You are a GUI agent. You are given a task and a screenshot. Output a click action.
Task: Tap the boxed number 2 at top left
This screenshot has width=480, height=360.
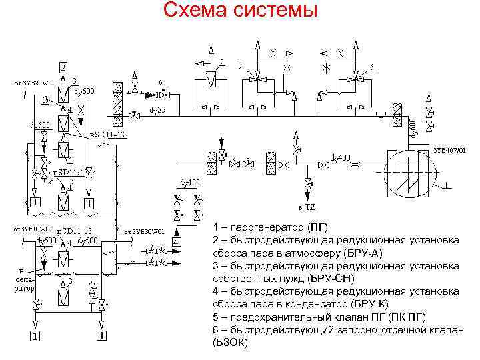63,67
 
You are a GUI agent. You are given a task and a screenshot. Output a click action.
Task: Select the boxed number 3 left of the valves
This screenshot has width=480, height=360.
45,100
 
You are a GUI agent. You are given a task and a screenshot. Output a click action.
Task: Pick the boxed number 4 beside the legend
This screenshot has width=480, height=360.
176,241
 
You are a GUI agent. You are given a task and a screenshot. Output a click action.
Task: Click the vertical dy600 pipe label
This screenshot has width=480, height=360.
413,127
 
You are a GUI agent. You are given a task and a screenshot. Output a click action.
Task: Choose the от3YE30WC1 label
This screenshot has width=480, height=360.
145,231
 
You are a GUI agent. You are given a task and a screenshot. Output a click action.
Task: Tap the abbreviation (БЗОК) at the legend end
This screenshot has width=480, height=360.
230,342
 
